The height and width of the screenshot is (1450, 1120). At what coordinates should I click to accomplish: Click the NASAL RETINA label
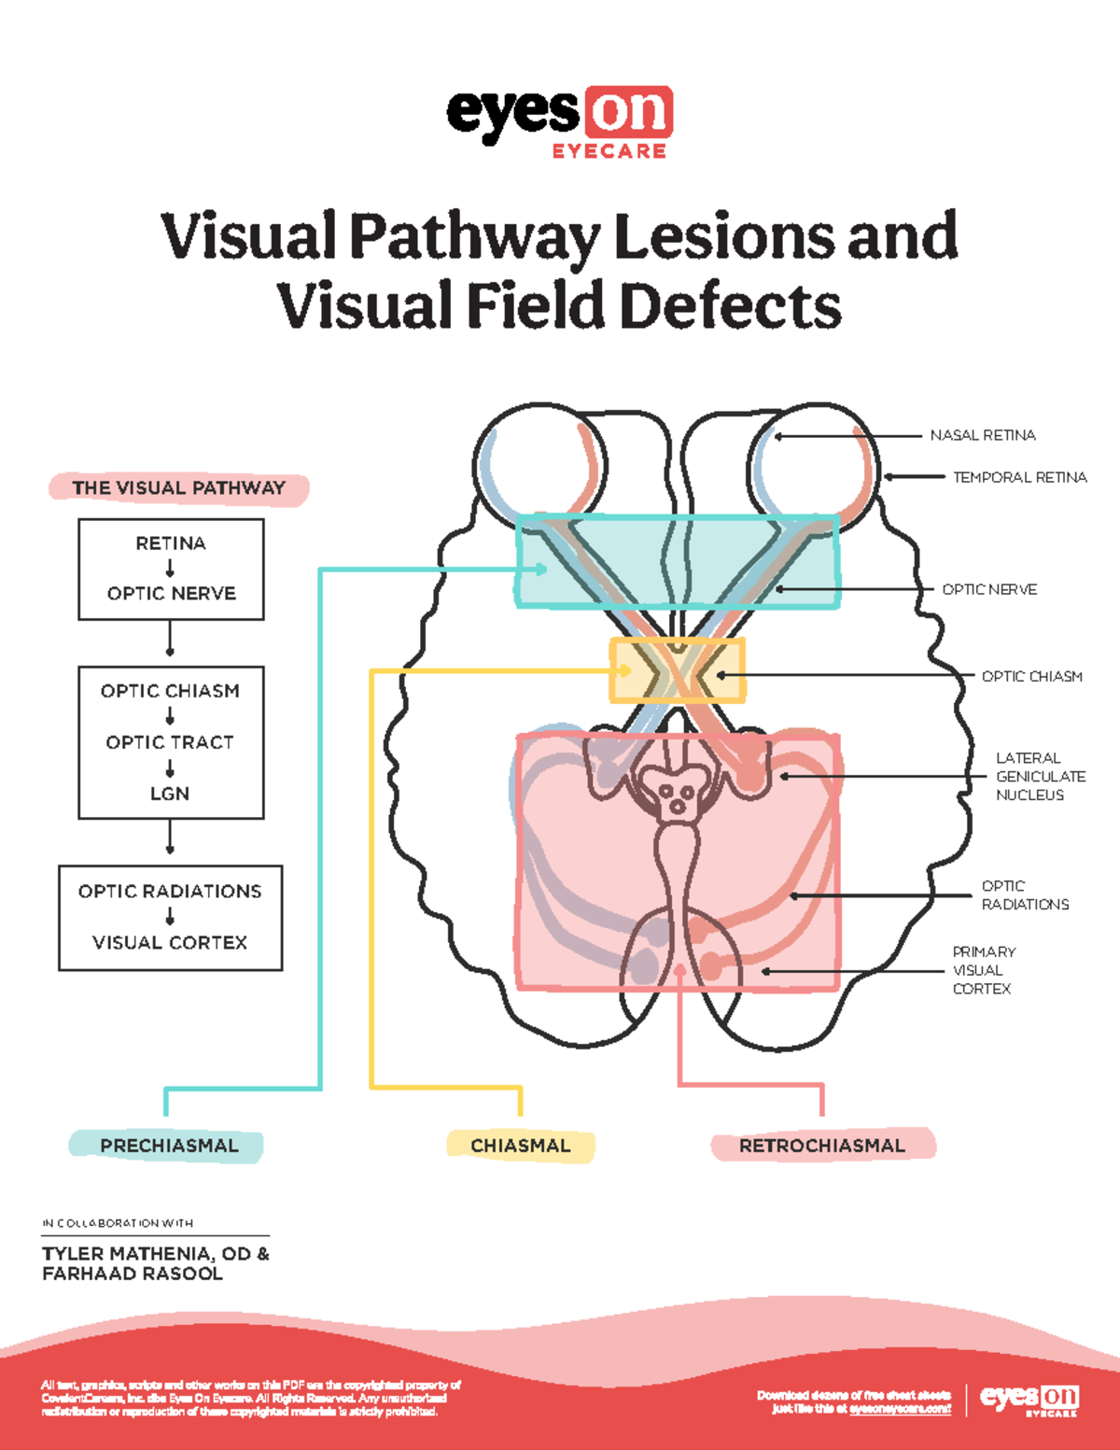click(982, 435)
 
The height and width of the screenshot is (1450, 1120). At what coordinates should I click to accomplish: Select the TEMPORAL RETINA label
click(1019, 477)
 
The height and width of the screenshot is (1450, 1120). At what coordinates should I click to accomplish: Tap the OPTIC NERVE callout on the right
click(989, 589)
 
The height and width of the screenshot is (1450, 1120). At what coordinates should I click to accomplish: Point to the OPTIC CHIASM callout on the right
click(1031, 676)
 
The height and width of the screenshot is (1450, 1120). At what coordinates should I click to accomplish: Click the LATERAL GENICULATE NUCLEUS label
click(1040, 776)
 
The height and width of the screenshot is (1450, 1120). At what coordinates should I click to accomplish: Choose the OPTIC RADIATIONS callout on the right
click(1024, 894)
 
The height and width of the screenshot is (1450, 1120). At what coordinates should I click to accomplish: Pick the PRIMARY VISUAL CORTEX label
click(984, 970)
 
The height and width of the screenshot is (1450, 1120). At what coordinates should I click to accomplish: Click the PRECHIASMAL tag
click(168, 1146)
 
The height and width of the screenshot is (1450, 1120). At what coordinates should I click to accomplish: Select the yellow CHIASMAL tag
click(520, 1146)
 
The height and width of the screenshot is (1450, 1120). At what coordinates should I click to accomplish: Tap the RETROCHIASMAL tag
click(821, 1146)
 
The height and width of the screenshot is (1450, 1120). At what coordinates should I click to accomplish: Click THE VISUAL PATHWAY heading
click(178, 487)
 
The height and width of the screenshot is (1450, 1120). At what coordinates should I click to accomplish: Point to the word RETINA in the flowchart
click(171, 543)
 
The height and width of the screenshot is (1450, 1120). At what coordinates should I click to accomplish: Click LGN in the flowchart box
click(170, 793)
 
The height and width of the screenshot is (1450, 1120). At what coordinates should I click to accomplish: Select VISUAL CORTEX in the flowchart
click(170, 942)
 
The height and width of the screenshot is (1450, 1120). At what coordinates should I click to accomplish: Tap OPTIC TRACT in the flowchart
click(170, 742)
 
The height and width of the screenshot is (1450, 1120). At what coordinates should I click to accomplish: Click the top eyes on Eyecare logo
click(559, 121)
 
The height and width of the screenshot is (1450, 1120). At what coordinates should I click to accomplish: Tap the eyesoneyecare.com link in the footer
click(900, 1408)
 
